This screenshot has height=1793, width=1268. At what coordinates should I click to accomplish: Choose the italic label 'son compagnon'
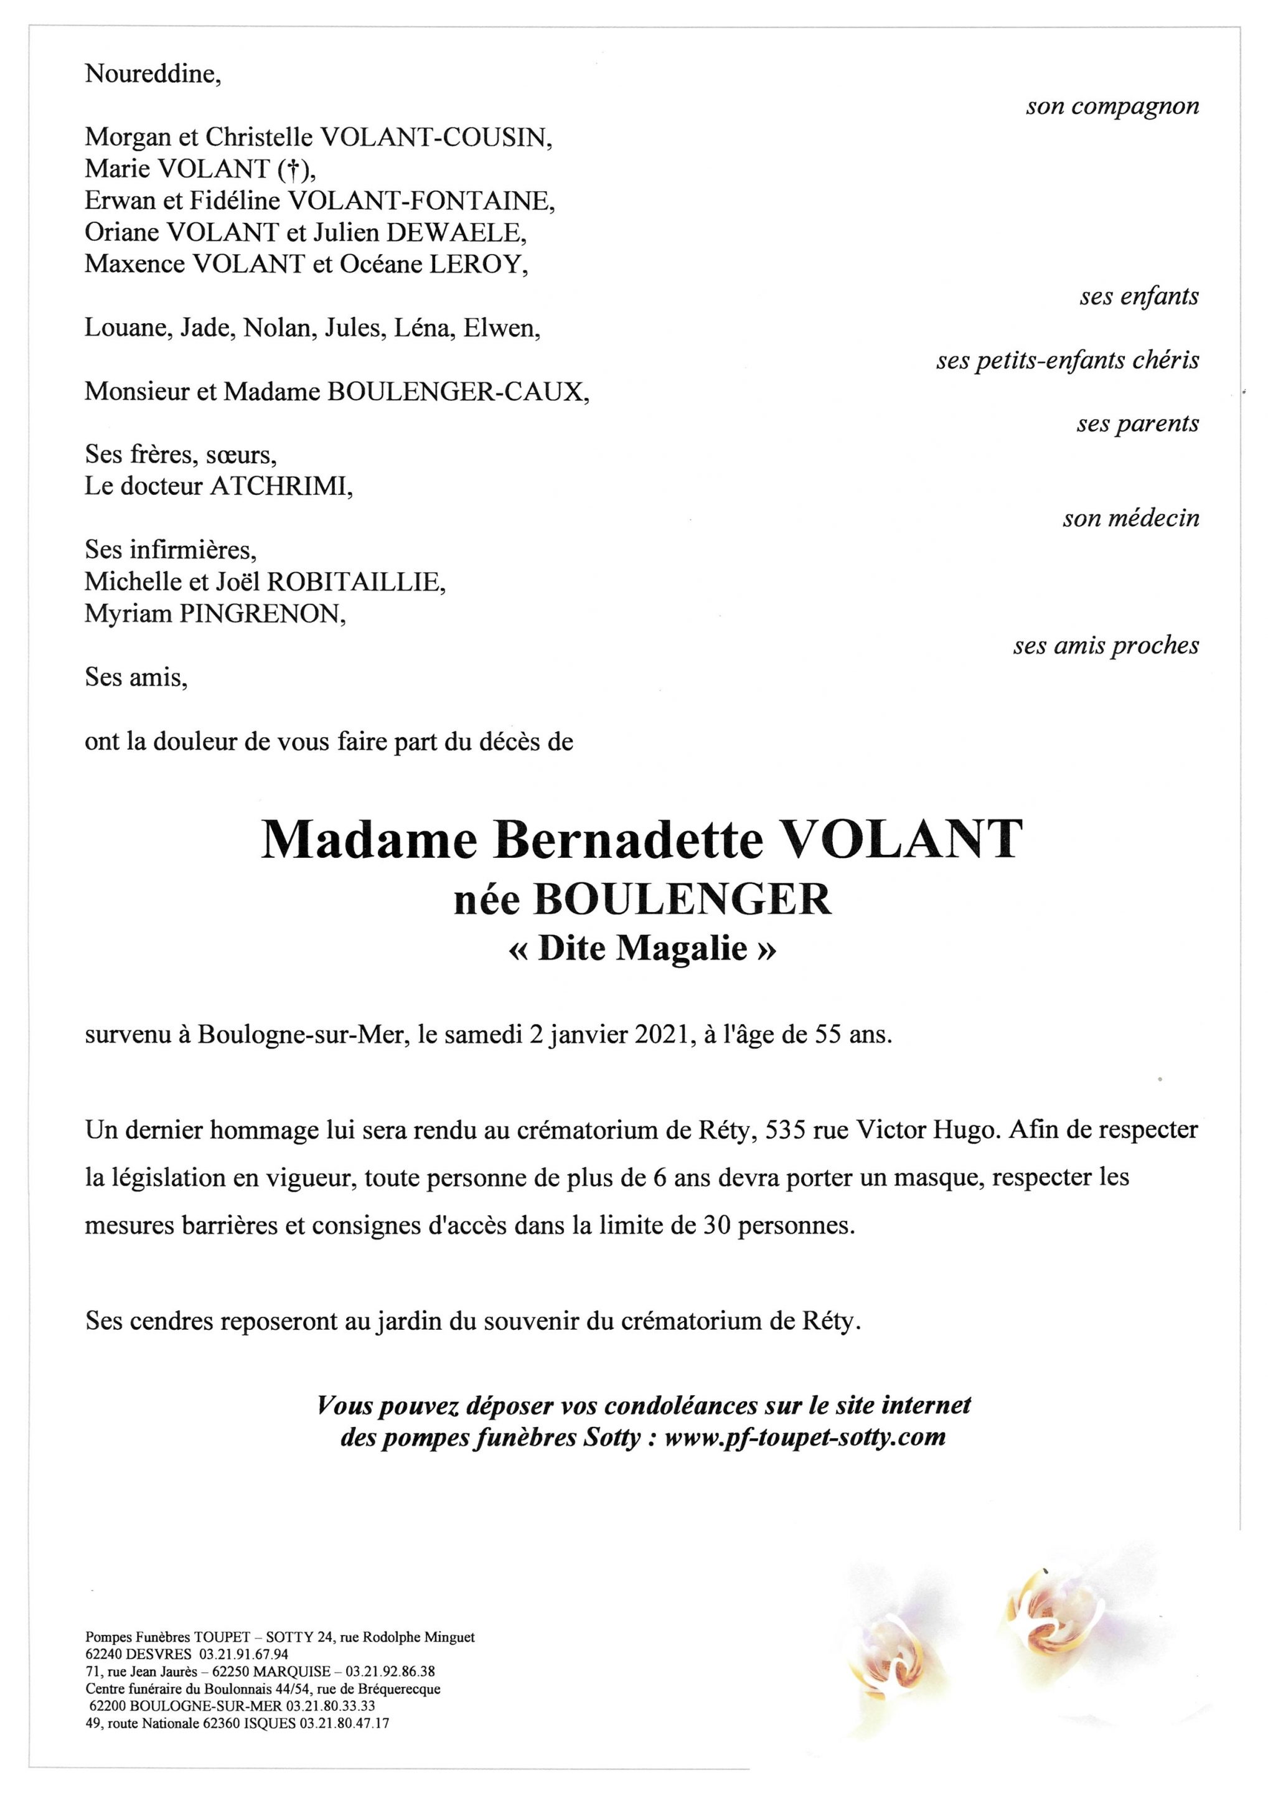click(1112, 107)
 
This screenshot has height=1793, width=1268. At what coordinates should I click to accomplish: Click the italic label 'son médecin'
click(1130, 519)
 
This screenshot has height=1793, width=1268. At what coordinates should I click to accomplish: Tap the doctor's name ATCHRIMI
click(280, 486)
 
